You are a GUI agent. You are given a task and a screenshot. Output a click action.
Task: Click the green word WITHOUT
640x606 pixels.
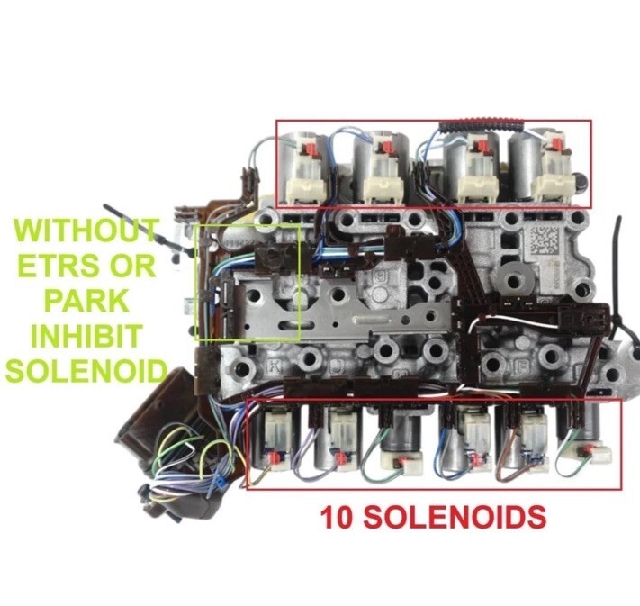tap(86, 231)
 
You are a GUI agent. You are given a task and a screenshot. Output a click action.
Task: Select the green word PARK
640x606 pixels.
tap(86, 300)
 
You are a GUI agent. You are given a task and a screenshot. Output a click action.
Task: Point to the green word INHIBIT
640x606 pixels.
tap(86, 335)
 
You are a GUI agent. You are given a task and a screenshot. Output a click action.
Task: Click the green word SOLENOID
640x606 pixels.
tap(86, 370)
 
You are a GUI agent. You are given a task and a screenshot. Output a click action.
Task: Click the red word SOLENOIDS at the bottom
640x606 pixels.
tap(455, 517)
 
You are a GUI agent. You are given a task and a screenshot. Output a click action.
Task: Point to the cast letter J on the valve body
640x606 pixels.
tap(337, 367)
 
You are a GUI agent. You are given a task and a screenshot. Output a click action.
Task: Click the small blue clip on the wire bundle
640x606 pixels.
tap(221, 483)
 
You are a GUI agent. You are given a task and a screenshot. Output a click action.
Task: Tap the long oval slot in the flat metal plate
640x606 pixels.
tap(296, 325)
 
